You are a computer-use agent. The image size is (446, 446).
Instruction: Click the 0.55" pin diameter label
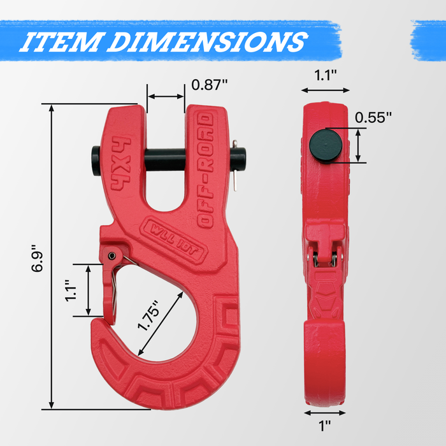point(373,117)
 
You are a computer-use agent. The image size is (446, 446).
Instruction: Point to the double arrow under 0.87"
point(166,97)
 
